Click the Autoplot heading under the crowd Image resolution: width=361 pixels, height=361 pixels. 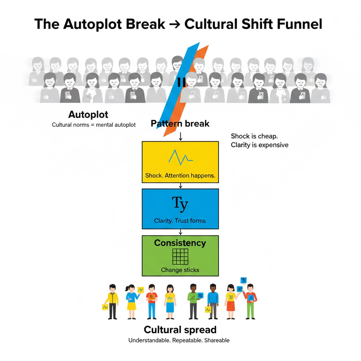tap(88, 114)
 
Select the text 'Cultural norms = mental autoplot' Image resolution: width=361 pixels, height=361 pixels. tap(94, 125)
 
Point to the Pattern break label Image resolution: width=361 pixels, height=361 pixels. tap(180, 123)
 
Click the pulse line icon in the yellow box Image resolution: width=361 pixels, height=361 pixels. tap(180, 157)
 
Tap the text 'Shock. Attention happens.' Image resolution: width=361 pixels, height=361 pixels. tap(180, 175)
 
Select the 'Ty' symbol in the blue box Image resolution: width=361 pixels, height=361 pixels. tap(180, 203)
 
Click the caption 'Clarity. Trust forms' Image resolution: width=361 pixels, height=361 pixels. tap(180, 221)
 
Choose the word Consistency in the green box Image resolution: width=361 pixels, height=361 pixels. tap(180, 243)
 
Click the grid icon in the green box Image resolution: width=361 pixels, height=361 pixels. tap(180, 257)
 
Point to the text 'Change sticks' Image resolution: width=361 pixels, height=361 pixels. tap(180, 270)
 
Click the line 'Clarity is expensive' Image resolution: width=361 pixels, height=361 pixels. tap(259, 145)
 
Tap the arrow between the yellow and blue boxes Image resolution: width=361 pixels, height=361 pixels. tap(180, 185)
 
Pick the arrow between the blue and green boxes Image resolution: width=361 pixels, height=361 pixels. tap(180, 232)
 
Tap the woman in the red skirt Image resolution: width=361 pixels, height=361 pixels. tap(230, 301)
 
